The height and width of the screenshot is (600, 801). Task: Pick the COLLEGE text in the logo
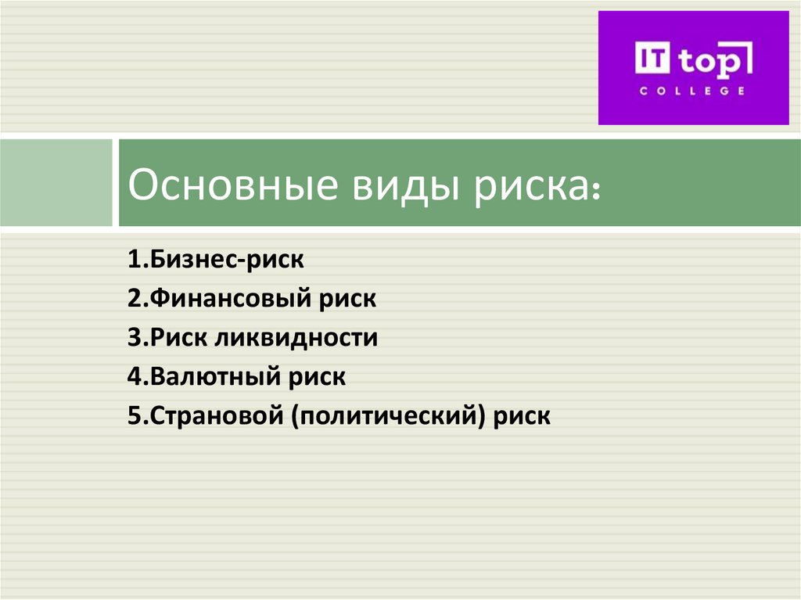(x=692, y=92)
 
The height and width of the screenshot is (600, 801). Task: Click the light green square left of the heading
(x=56, y=182)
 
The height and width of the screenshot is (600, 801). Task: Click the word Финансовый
(x=227, y=299)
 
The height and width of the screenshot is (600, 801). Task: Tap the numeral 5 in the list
(x=133, y=416)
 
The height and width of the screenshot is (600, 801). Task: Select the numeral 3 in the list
(x=133, y=338)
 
